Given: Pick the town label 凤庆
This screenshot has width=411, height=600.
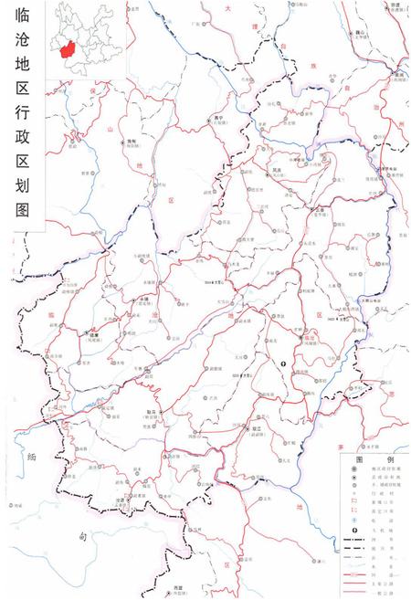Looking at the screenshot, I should click(x=277, y=169).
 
